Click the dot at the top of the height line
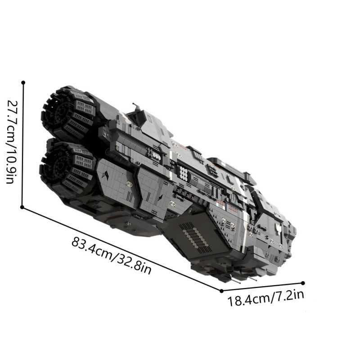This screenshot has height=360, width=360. tap(23, 82)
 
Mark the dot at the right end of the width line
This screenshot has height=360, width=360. tap(303, 283)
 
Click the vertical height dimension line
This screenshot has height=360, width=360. tap(23, 144)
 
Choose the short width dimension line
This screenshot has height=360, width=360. tap(262, 287)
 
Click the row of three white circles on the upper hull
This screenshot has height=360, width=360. tap(157, 156)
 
